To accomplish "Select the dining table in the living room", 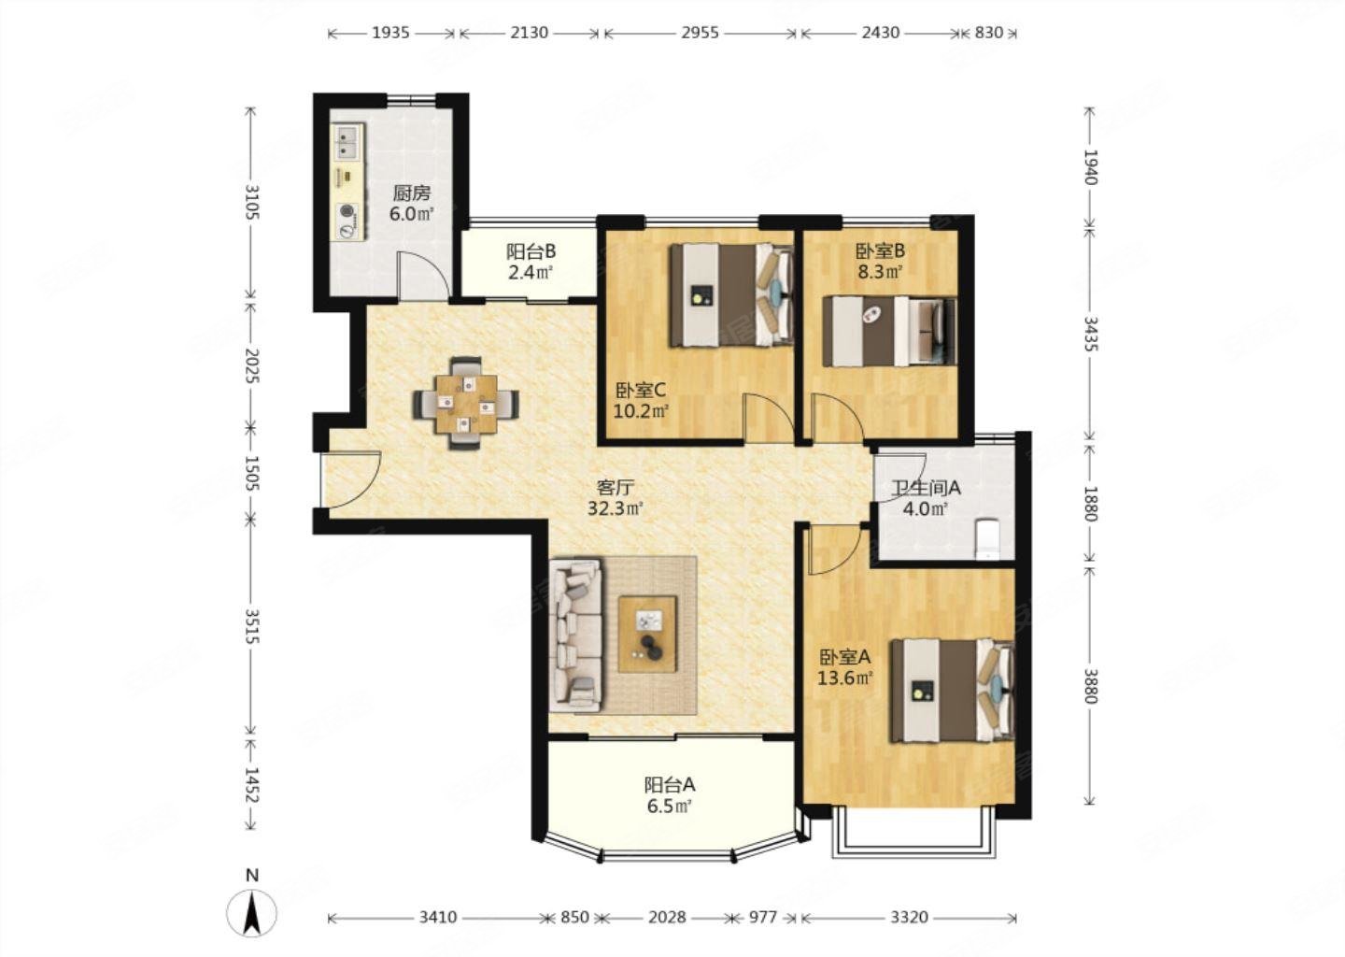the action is tap(466, 404).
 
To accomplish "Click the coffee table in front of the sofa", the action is tap(648, 634).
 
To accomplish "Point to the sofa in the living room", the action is tap(575, 636).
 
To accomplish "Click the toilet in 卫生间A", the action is tap(986, 539).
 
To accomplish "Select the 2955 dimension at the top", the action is tap(701, 33).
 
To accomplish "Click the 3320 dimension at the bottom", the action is tap(909, 917).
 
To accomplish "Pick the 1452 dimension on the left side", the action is tap(251, 785).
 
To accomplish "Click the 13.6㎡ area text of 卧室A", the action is tap(844, 678).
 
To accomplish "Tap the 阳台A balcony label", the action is tap(670, 785).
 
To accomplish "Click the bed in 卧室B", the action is tap(889, 331).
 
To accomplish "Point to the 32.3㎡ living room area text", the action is tap(616, 508).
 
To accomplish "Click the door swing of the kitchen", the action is tap(423, 275).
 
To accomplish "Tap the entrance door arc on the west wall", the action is tap(350, 478).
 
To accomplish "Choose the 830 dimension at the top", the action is tap(988, 33).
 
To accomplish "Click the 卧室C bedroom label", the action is tap(641, 391).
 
